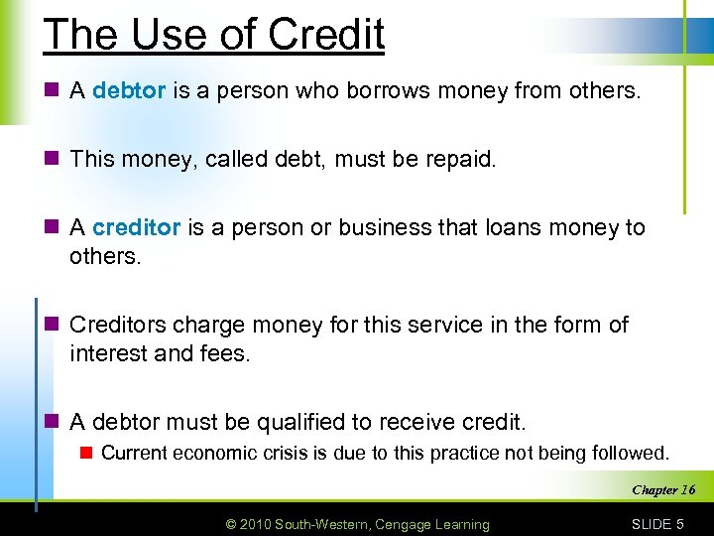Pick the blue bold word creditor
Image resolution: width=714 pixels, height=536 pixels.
click(x=136, y=227)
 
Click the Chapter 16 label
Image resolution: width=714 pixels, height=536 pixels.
click(x=663, y=489)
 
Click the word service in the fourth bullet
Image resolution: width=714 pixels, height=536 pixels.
click(x=431, y=325)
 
